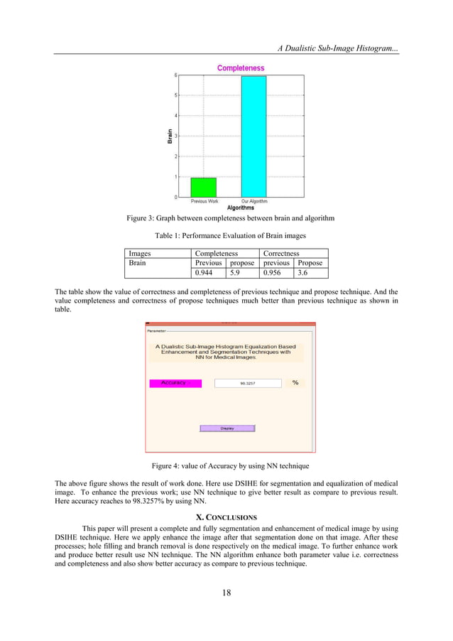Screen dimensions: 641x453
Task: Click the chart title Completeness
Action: [240, 68]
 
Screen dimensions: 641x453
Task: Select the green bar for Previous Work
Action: [203, 188]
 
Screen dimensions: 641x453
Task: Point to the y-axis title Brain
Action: [170, 136]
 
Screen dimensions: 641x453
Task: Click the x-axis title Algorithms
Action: [241, 208]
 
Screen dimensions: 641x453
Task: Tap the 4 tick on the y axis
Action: [175, 115]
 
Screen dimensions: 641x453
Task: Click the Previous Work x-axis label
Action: [204, 201]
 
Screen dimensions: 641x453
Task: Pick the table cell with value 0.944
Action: [209, 272]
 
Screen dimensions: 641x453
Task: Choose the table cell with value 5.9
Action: [242, 272]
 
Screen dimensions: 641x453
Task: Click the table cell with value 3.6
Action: [312, 272]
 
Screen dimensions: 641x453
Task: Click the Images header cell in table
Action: [158, 252]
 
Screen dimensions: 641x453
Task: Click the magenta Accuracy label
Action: [175, 383]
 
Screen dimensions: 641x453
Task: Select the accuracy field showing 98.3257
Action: [248, 383]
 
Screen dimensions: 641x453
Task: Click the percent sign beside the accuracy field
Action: [295, 382]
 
